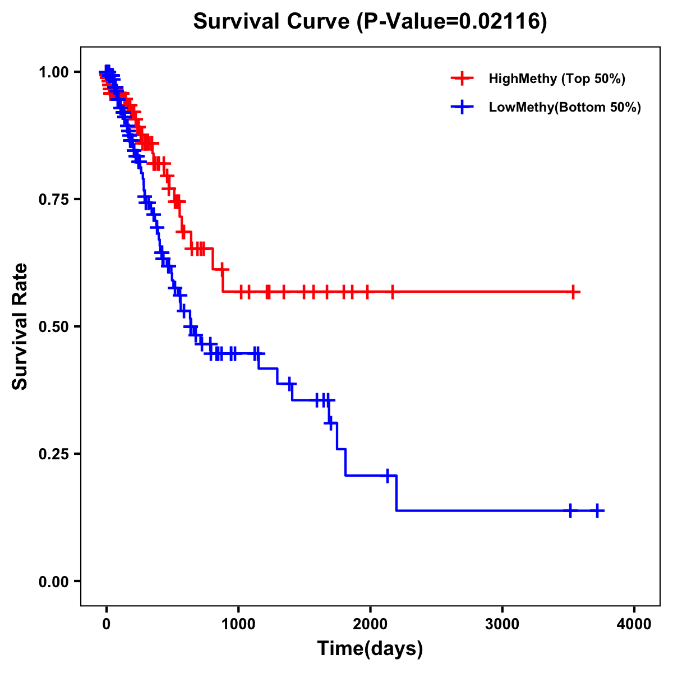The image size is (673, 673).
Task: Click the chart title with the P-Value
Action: click(370, 21)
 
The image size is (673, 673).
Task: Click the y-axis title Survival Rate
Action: click(20, 326)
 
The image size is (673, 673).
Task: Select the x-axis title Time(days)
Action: click(370, 648)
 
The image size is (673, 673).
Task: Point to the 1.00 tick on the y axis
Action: click(54, 72)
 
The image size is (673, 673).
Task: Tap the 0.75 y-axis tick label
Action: click(54, 199)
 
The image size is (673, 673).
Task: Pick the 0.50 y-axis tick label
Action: click(54, 326)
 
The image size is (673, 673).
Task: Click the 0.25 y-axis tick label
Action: click(54, 454)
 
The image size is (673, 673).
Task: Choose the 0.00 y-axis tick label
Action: click(54, 581)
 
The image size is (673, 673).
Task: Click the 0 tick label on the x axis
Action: click(107, 624)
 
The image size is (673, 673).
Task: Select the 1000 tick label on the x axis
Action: click(238, 624)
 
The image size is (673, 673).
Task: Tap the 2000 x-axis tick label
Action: click(370, 624)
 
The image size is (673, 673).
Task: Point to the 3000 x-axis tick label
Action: click(502, 624)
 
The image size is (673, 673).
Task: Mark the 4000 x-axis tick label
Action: click(634, 624)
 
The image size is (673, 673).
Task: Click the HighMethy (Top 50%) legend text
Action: click(557, 79)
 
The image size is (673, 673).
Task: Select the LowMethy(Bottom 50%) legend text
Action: click(565, 107)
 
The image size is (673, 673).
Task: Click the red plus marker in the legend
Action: click(462, 79)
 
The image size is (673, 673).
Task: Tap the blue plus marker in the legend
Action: click(462, 107)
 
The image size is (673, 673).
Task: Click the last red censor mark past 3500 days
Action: click(573, 292)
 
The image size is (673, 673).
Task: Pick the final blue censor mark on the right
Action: click(597, 510)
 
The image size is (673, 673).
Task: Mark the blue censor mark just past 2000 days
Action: click(387, 475)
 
